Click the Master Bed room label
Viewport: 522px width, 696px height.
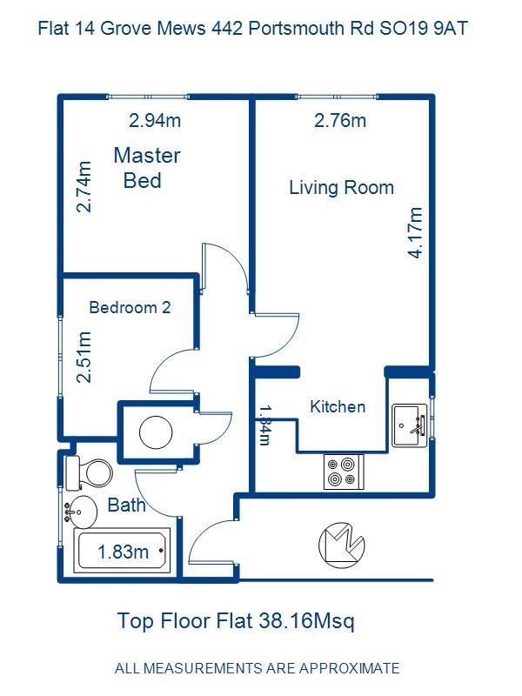[147, 168]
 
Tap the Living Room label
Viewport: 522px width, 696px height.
[341, 188]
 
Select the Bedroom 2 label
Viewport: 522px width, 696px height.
[130, 307]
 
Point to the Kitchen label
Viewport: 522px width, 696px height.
[338, 406]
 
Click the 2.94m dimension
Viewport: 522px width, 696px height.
[155, 120]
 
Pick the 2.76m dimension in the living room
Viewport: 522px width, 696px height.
[340, 120]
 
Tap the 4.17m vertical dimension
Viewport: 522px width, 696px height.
[416, 232]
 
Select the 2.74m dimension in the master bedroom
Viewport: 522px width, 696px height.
[84, 187]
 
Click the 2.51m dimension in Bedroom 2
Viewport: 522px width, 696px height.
[84, 357]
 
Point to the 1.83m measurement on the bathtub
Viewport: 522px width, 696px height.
[123, 552]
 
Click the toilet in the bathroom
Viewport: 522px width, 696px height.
[89, 473]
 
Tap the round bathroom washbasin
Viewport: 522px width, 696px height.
[80, 512]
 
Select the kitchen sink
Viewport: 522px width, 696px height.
[409, 425]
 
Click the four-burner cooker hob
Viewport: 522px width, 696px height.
[344, 472]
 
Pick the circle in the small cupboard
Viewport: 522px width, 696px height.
[156, 432]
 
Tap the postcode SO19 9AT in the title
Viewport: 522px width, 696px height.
[424, 29]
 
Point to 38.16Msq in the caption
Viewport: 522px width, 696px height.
[306, 620]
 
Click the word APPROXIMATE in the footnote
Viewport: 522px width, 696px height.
[350, 668]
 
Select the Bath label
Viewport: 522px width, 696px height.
[126, 505]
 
